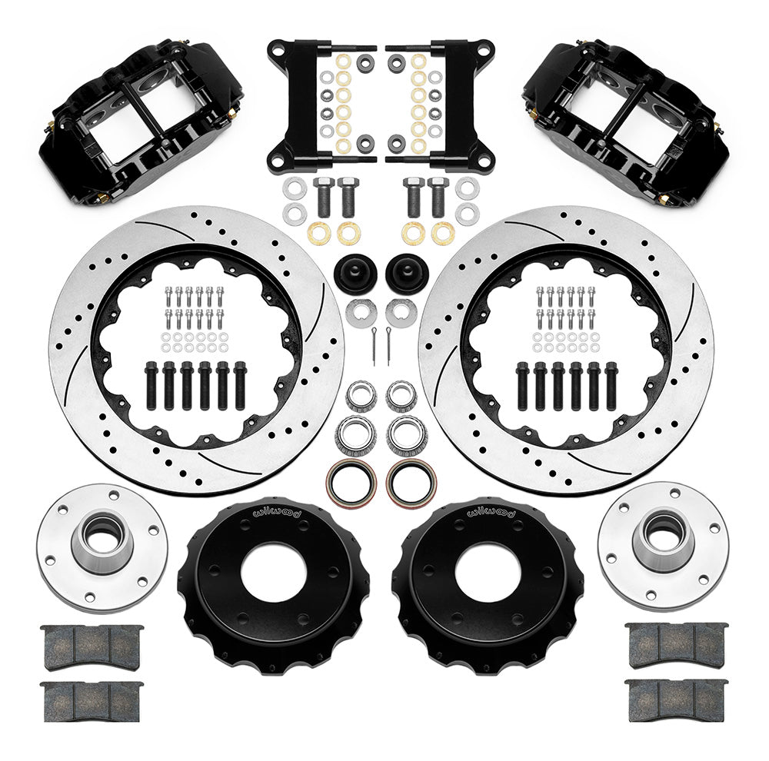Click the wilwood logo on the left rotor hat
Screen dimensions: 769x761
(277, 511)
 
